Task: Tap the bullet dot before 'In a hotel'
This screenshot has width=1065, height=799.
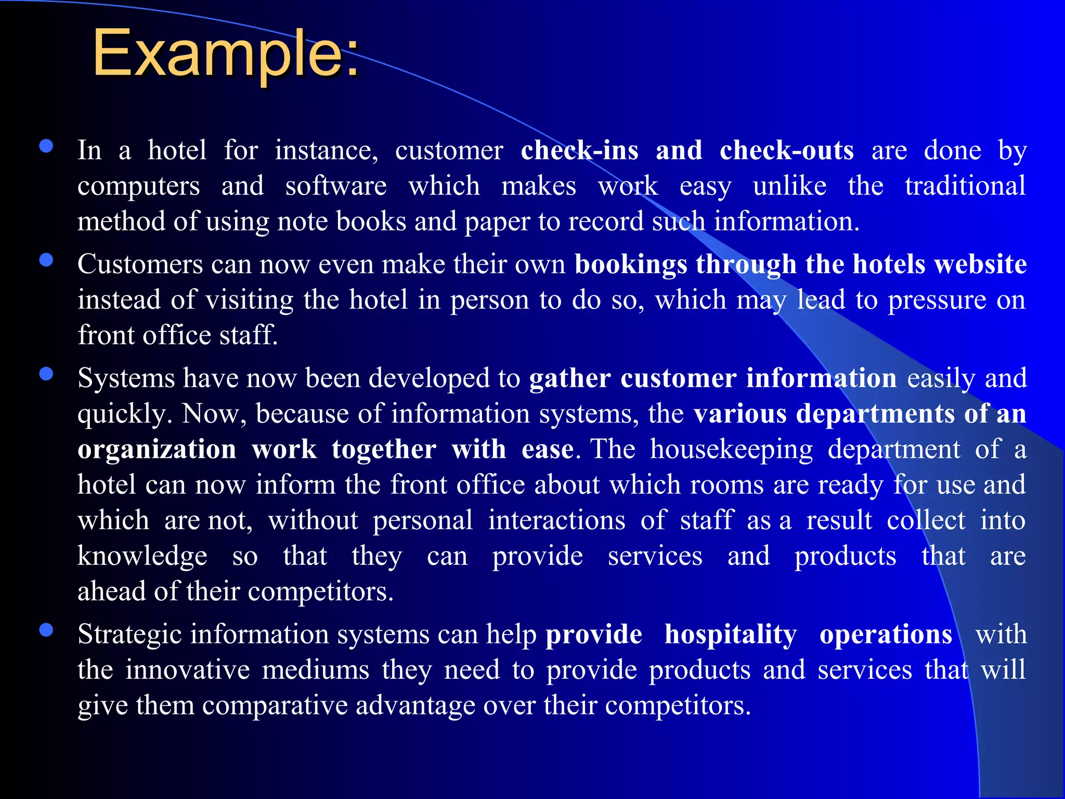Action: (46, 146)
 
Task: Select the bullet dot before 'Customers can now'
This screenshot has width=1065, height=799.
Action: (46, 260)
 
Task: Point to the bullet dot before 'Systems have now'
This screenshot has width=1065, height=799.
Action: (46, 374)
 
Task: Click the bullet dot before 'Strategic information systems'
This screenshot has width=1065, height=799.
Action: (46, 630)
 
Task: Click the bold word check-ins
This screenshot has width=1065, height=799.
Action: (579, 151)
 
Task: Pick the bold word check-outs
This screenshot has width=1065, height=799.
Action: (786, 151)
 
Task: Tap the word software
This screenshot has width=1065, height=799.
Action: (336, 186)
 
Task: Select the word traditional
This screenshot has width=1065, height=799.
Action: (965, 186)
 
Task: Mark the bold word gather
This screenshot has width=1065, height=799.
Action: (569, 379)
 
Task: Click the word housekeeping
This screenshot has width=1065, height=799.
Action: (731, 449)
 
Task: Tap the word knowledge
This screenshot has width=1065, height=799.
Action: (142, 557)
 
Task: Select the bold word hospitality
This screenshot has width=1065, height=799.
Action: (731, 635)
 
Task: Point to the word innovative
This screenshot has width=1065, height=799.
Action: (188, 670)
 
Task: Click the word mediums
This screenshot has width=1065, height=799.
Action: (316, 670)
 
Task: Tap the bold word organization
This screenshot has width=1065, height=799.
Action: (157, 449)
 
